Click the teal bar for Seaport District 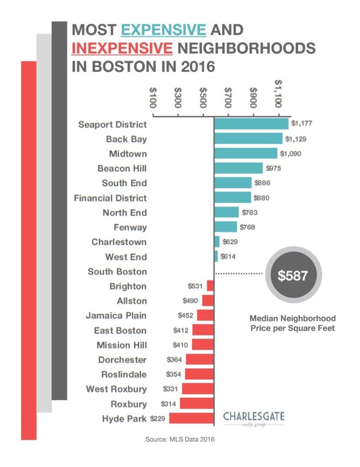click(x=251, y=124)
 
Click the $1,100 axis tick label click(x=279, y=94)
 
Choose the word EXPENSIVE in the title click(x=163, y=29)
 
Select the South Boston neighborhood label click(x=117, y=271)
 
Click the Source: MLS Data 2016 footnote click(x=180, y=439)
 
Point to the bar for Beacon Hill click(x=238, y=168)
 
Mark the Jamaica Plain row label click(x=116, y=315)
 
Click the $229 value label click(x=158, y=418)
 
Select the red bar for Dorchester click(x=200, y=359)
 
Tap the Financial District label click(x=110, y=197)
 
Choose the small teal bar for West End click(x=216, y=256)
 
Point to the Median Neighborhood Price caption click(x=292, y=324)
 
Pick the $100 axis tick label click(x=153, y=97)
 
